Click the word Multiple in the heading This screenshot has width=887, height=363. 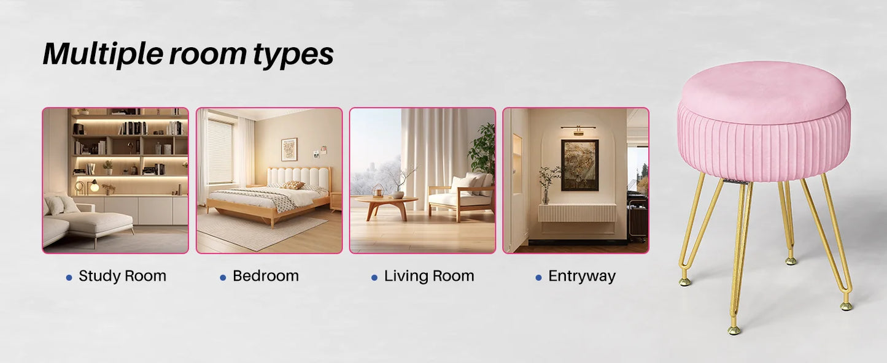coord(103,54)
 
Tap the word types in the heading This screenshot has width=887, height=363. coord(293,55)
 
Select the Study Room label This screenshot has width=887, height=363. coord(122,276)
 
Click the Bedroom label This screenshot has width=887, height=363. coord(266,276)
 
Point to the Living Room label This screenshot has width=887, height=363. coord(429,276)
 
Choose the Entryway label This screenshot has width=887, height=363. coord(582,277)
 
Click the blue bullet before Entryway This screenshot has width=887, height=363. coord(538,278)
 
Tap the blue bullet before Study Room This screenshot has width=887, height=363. coord(69,278)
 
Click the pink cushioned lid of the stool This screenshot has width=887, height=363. coord(764,88)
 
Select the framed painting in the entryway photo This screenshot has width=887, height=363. coord(579,166)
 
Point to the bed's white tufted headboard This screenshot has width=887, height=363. coord(298,178)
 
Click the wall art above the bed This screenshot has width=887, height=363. coord(289,150)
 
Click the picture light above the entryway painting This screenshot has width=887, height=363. coord(578,129)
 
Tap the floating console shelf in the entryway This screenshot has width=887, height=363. coord(577,213)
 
